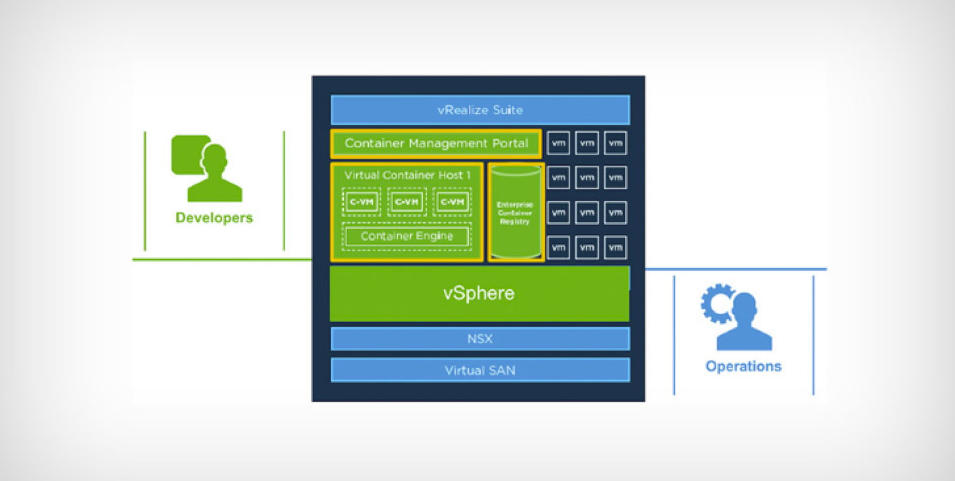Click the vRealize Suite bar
[480, 110]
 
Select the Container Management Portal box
[436, 144]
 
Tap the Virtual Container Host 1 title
[407, 175]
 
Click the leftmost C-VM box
[361, 202]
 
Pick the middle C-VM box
[407, 202]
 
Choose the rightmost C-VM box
[452, 202]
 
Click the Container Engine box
[407, 236]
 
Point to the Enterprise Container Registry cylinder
[515, 213]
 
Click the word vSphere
[479, 294]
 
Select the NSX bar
[480, 339]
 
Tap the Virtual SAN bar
[480, 370]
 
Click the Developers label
[214, 218]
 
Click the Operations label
[743, 366]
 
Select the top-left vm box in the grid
[558, 143]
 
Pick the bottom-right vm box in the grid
[615, 247]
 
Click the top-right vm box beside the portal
[615, 143]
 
